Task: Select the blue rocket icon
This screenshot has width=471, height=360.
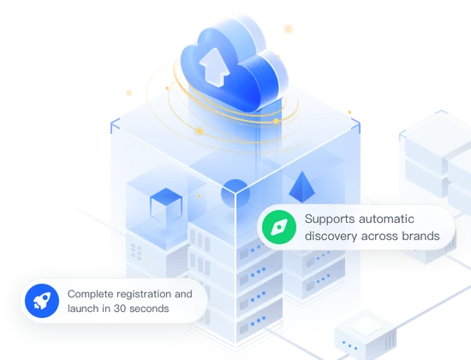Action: pos(39,299)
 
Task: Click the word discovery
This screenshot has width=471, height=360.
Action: pos(331,236)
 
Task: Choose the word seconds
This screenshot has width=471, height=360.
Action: pos(151,308)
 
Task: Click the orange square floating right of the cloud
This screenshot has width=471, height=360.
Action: pos(288,29)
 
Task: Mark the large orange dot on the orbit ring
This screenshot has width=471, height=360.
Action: pos(200,131)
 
